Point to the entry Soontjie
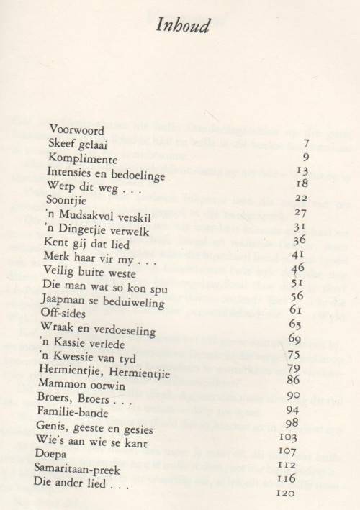pos(66,200)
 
